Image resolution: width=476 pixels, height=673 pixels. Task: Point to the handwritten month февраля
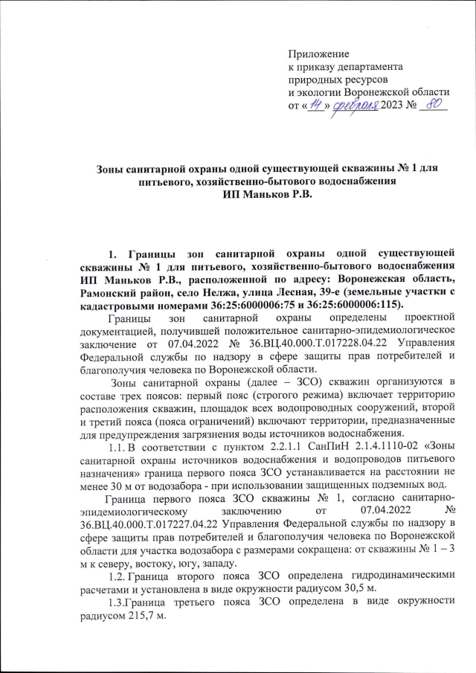pyautogui.click(x=354, y=106)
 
